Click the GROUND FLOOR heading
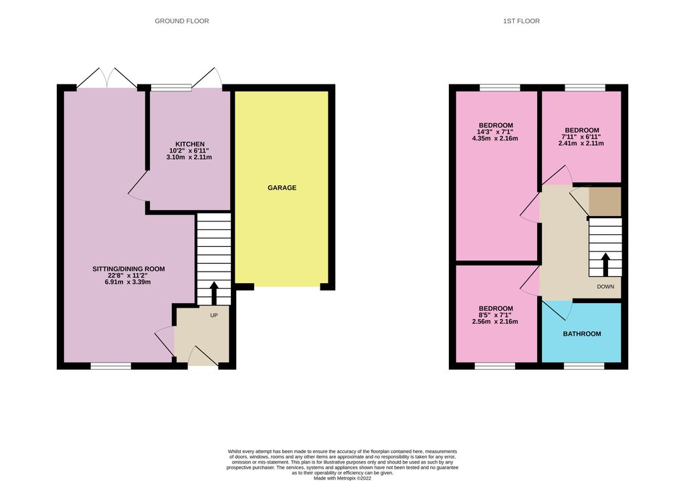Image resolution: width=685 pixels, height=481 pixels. [x=182, y=21]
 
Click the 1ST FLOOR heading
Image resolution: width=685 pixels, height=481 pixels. [x=521, y=21]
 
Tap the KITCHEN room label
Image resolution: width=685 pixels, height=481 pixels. [x=190, y=145]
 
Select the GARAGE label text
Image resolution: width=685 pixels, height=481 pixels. [x=282, y=188]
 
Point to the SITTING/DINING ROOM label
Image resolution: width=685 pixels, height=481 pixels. [x=128, y=269]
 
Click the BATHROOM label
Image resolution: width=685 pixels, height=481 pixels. [x=581, y=334]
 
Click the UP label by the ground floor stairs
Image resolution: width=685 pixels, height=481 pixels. [x=214, y=314]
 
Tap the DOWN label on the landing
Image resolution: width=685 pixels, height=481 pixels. [x=606, y=286]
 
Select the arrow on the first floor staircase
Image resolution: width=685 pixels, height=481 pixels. [x=605, y=264]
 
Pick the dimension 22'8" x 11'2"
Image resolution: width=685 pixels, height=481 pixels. [x=128, y=276]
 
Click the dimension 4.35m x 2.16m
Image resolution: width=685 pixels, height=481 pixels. [x=496, y=139]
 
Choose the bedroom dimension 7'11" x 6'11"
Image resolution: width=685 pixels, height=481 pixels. [x=581, y=136]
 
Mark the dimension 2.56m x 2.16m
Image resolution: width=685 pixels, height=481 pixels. [x=496, y=322]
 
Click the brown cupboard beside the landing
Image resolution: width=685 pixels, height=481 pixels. [x=605, y=201]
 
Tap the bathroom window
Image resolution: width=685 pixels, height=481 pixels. [x=583, y=366]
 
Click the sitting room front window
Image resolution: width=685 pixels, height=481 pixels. [x=111, y=366]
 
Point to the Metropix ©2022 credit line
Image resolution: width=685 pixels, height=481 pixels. [x=342, y=478]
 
